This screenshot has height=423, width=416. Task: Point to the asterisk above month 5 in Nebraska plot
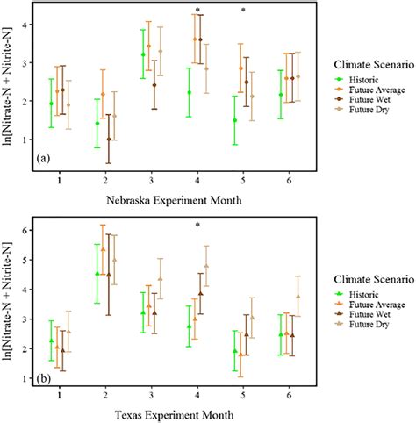coord(243,11)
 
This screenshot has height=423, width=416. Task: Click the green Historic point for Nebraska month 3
coord(143,54)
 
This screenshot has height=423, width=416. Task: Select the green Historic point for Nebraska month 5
coord(233,120)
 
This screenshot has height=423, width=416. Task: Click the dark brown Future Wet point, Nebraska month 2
coord(108,139)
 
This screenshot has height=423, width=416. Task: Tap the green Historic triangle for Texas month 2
coord(97,274)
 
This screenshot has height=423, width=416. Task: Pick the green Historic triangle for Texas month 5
coord(233,351)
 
